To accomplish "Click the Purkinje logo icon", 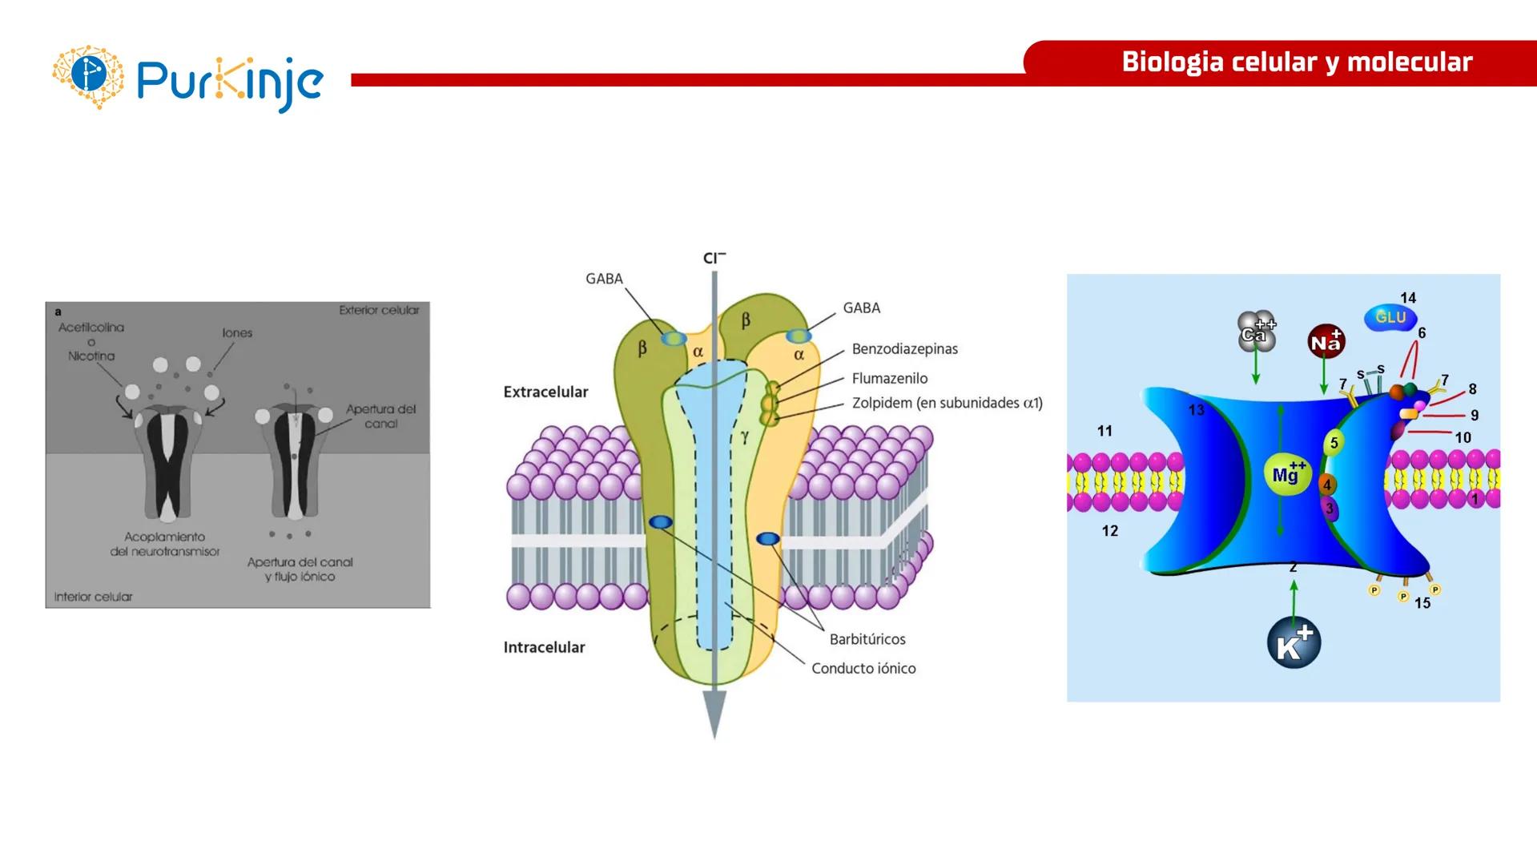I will click(88, 76).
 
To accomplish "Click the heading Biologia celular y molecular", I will click(1297, 62).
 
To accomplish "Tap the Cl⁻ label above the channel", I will click(714, 258).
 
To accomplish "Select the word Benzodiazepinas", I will click(904, 349).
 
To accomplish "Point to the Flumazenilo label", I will click(889, 379).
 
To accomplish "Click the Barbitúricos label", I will click(867, 639).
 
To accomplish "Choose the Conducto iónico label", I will click(863, 669).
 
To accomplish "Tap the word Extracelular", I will click(545, 392).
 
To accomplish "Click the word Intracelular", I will click(544, 647).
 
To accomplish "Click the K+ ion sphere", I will click(1294, 643).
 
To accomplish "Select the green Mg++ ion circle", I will click(1287, 474).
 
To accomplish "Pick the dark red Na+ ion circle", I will click(1326, 342).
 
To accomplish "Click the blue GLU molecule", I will click(1390, 317).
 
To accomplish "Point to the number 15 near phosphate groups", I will click(1422, 603).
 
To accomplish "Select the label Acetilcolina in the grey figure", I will click(91, 328).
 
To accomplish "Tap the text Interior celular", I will click(93, 597).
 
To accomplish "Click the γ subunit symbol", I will click(744, 436).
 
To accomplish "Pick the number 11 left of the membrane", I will click(1104, 431).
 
